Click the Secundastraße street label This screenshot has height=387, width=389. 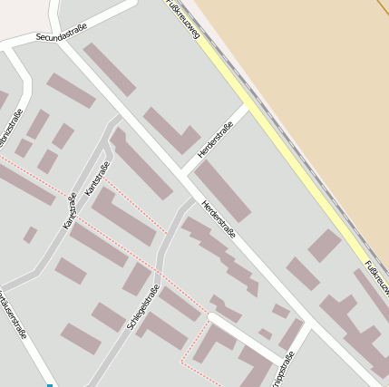62,34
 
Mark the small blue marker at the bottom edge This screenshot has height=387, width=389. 50,384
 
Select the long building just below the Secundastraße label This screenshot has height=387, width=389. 109,69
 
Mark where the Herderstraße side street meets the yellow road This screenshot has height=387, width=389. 245,108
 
